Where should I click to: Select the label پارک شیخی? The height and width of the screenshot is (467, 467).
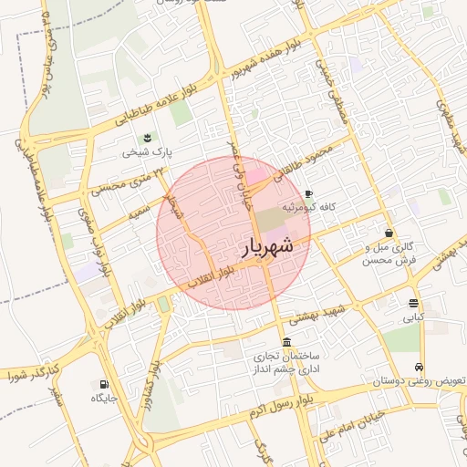[149, 153]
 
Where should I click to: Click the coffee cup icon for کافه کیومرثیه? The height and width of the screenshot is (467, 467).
[308, 193]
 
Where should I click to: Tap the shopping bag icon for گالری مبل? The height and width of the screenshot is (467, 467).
[389, 233]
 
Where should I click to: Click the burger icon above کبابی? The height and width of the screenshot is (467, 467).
[414, 303]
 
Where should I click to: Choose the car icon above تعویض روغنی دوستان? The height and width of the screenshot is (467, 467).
[419, 367]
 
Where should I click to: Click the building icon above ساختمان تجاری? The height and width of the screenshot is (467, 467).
[286, 341]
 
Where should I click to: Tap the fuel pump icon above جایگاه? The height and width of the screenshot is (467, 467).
[101, 384]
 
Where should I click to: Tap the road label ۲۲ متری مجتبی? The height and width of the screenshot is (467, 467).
[119, 181]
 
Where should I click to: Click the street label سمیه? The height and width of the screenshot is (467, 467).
[139, 213]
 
